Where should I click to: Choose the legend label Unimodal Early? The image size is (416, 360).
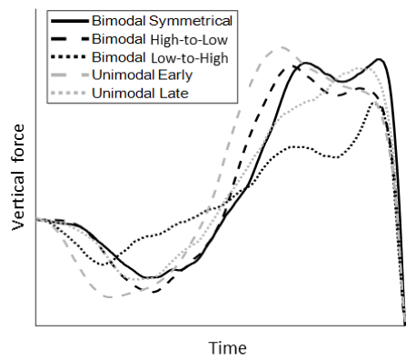click(136, 75)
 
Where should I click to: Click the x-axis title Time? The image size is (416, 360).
click(227, 347)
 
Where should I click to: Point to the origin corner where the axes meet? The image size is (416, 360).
click(35, 325)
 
